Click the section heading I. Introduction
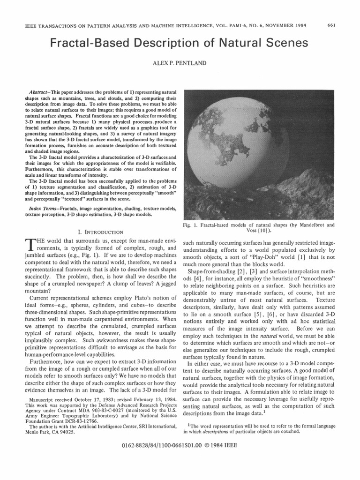pos(99,232)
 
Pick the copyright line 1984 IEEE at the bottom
pos(225,459)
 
